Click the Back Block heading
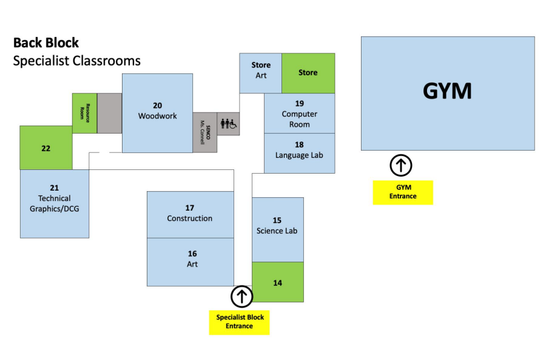pyautogui.click(x=46, y=43)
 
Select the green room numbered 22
pyautogui.click(x=46, y=148)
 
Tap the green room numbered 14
pyautogui.click(x=277, y=282)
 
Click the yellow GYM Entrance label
pyautogui.click(x=403, y=192)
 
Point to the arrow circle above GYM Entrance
pyautogui.click(x=401, y=165)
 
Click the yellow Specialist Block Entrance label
pyautogui.click(x=240, y=322)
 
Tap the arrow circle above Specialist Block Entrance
pyautogui.click(x=241, y=296)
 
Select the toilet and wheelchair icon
pyautogui.click(x=228, y=123)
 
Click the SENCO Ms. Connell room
pyautogui.click(x=205, y=132)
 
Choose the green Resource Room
pyautogui.click(x=84, y=113)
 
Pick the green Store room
pyautogui.click(x=308, y=73)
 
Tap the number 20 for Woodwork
pyautogui.click(x=157, y=106)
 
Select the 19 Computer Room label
pyautogui.click(x=299, y=114)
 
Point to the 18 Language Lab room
pyautogui.click(x=299, y=150)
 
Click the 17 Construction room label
pyautogui.click(x=190, y=213)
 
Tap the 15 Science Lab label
pyautogui.click(x=277, y=225)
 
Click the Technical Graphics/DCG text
pyautogui.click(x=55, y=204)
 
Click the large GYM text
pyautogui.click(x=447, y=91)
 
